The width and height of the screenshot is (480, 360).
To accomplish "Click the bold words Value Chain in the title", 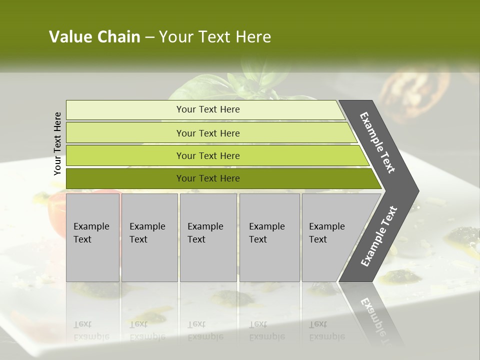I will (x=94, y=37).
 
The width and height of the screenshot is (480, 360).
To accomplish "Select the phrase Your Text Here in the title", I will (x=215, y=37).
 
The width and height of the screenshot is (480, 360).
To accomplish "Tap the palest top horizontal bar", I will (x=205, y=109).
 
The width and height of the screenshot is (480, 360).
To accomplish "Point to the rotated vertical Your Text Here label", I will (x=57, y=143).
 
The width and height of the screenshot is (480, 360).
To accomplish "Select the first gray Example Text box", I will (x=92, y=237).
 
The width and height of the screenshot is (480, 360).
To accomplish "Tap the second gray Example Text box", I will (x=149, y=237).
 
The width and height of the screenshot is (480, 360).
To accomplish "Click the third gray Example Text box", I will (x=208, y=237).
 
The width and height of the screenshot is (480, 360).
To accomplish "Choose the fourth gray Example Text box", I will (x=269, y=237).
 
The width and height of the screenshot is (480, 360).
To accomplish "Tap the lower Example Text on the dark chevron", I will (x=378, y=236).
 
